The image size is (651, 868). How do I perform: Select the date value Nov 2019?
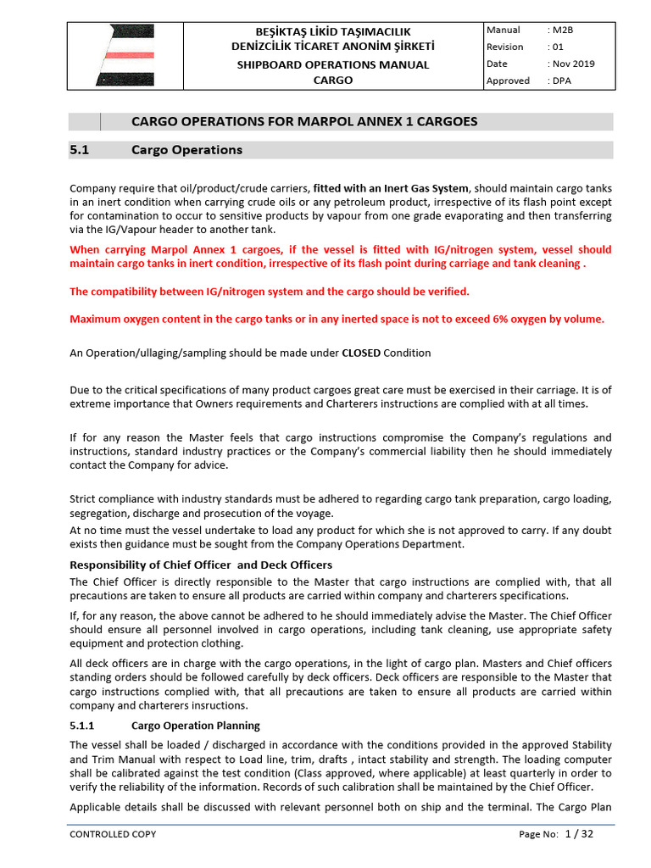click(574, 64)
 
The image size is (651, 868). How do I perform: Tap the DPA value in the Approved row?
click(563, 81)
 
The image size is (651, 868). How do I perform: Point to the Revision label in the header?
click(505, 47)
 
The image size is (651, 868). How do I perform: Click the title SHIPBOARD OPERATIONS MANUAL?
click(332, 64)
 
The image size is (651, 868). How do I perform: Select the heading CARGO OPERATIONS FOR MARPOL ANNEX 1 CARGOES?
click(304, 121)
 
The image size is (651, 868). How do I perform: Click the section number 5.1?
click(79, 150)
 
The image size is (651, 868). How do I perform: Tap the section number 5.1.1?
click(85, 726)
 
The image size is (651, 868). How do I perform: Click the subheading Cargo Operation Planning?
click(196, 726)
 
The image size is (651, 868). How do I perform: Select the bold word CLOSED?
click(360, 353)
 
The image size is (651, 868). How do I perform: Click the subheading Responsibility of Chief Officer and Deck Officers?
click(200, 565)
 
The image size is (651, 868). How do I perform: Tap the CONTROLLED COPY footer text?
click(113, 834)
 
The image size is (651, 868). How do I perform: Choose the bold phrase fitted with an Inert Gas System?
click(391, 188)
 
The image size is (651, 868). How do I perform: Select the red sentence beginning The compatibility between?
click(269, 291)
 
